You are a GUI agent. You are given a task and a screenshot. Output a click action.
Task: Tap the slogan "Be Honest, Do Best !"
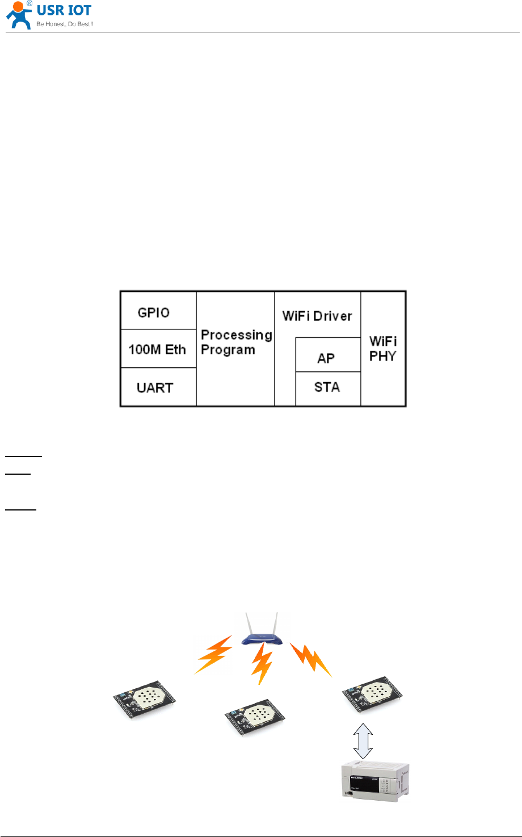tap(65, 24)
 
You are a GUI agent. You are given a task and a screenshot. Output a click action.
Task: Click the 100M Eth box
tap(158, 349)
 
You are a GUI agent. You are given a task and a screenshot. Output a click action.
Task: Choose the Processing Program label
tap(236, 342)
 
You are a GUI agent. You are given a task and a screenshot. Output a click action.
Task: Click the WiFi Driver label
tap(317, 316)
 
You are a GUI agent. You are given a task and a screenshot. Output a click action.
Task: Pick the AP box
tap(327, 358)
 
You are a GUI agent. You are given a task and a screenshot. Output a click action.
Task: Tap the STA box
tap(327, 388)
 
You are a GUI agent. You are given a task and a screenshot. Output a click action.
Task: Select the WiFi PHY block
tap(383, 349)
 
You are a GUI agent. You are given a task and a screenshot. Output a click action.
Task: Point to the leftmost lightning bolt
tap(213, 655)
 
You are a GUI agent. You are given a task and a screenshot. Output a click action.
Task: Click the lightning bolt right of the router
tap(311, 659)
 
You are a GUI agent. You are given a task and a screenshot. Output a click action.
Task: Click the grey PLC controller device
tap(374, 780)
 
